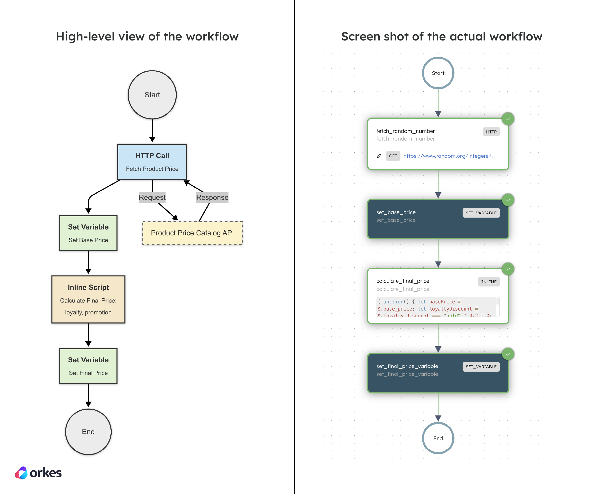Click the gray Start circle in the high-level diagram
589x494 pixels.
click(152, 95)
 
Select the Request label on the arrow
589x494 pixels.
click(152, 197)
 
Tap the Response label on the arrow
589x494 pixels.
click(212, 197)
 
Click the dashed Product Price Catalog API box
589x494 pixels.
click(192, 233)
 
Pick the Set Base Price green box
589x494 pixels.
click(88, 233)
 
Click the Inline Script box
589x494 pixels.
click(88, 299)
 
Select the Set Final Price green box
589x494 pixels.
click(88, 366)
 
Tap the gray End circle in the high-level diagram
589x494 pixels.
click(88, 431)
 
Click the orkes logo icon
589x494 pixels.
click(21, 473)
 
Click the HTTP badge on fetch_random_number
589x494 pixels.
click(491, 132)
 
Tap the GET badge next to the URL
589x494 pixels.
click(393, 156)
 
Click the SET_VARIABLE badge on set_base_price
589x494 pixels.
click(481, 213)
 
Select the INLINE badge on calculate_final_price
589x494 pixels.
click(489, 282)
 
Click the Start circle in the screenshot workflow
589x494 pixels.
click(438, 73)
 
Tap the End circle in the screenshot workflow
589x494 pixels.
click(438, 438)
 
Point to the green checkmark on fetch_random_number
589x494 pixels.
click(508, 119)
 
